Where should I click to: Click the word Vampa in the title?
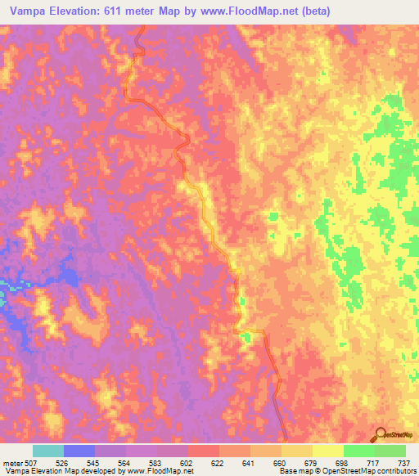point(25,11)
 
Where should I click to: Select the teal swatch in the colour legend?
point(48,451)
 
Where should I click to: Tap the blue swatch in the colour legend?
point(79,451)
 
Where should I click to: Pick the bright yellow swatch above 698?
point(328,451)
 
